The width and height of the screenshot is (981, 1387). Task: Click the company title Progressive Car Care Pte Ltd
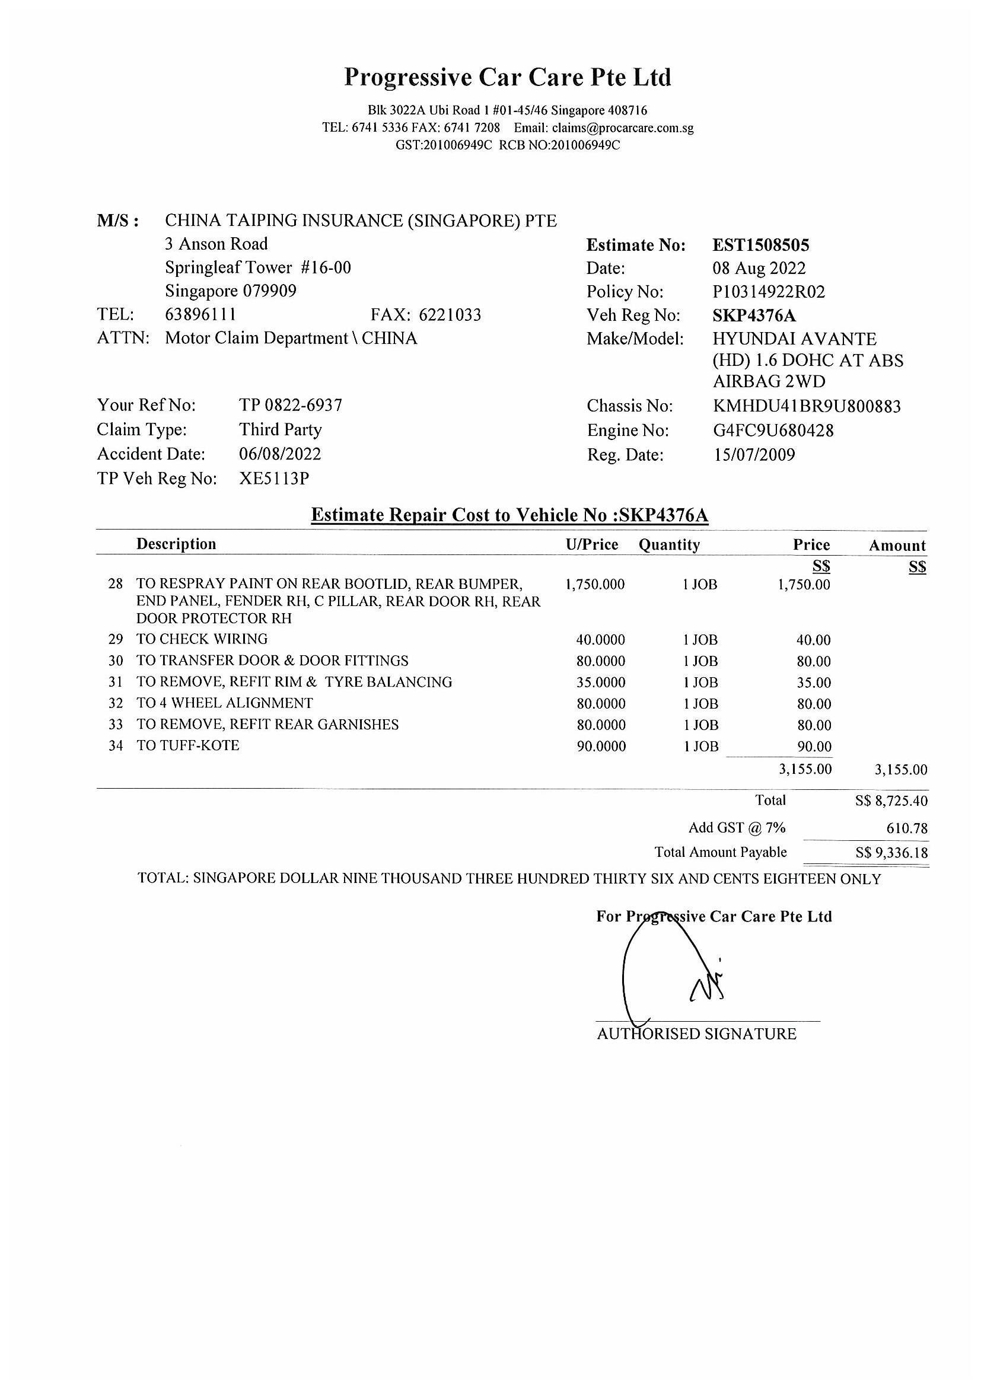pyautogui.click(x=508, y=77)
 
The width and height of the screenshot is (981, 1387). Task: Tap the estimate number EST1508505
pyautogui.click(x=760, y=245)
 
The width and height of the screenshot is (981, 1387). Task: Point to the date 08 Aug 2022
pyautogui.click(x=759, y=268)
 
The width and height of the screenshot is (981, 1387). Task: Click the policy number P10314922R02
pyautogui.click(x=768, y=292)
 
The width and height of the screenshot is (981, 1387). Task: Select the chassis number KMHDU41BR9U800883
pyautogui.click(x=807, y=406)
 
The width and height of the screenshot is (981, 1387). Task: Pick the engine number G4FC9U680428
pyautogui.click(x=773, y=430)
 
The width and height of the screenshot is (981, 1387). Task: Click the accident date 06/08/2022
pyautogui.click(x=280, y=454)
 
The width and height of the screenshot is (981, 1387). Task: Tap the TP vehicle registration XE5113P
pyautogui.click(x=273, y=479)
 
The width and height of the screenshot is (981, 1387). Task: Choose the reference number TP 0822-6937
pyautogui.click(x=291, y=405)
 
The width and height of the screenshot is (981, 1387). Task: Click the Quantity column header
pyautogui.click(x=669, y=545)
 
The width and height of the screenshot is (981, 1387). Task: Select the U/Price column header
pyautogui.click(x=591, y=544)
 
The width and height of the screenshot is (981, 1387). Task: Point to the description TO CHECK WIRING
pyautogui.click(x=202, y=639)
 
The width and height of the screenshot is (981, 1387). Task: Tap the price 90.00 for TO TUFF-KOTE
pyautogui.click(x=814, y=747)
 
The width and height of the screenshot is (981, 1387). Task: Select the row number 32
pyautogui.click(x=116, y=704)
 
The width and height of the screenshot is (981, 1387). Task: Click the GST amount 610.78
pyautogui.click(x=907, y=828)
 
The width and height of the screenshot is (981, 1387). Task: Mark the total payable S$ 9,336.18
pyautogui.click(x=891, y=853)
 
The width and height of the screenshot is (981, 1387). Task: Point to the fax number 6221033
pyautogui.click(x=450, y=315)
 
